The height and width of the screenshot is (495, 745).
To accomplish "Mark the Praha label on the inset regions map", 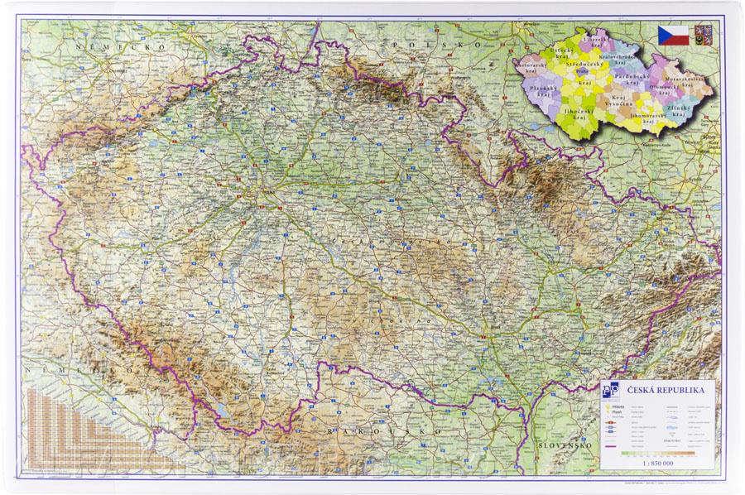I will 582,72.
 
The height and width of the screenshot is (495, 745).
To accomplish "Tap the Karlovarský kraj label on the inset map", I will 530,65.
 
